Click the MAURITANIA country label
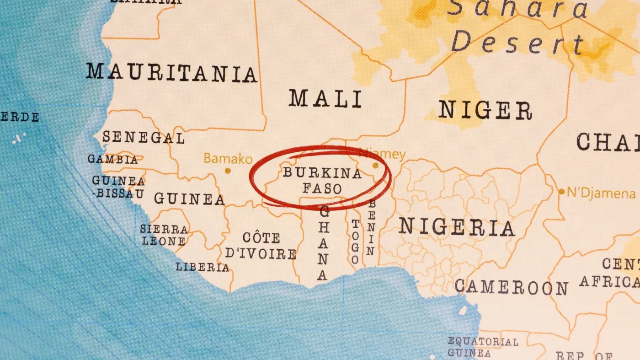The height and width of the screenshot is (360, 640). (171, 73)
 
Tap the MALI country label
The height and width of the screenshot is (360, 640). (325, 99)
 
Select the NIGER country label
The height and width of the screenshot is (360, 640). (485, 110)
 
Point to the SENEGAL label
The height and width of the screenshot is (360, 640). (143, 137)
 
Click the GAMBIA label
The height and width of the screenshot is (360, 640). (112, 159)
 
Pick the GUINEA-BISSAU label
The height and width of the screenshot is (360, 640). (118, 187)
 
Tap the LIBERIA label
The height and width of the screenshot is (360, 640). (203, 267)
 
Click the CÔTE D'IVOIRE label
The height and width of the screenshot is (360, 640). (261, 246)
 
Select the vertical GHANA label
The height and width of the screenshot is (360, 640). (323, 243)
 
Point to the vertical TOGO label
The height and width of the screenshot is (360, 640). (355, 242)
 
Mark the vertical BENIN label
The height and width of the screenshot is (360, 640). (371, 228)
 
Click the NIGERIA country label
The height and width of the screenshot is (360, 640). (457, 227)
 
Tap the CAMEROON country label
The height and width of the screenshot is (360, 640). (512, 287)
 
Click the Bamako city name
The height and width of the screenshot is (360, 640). (228, 159)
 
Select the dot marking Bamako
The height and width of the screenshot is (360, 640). (227, 171)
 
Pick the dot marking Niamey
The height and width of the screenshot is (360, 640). (375, 166)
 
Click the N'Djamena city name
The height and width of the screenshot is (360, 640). (601, 193)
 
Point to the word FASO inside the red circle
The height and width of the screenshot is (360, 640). (322, 188)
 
